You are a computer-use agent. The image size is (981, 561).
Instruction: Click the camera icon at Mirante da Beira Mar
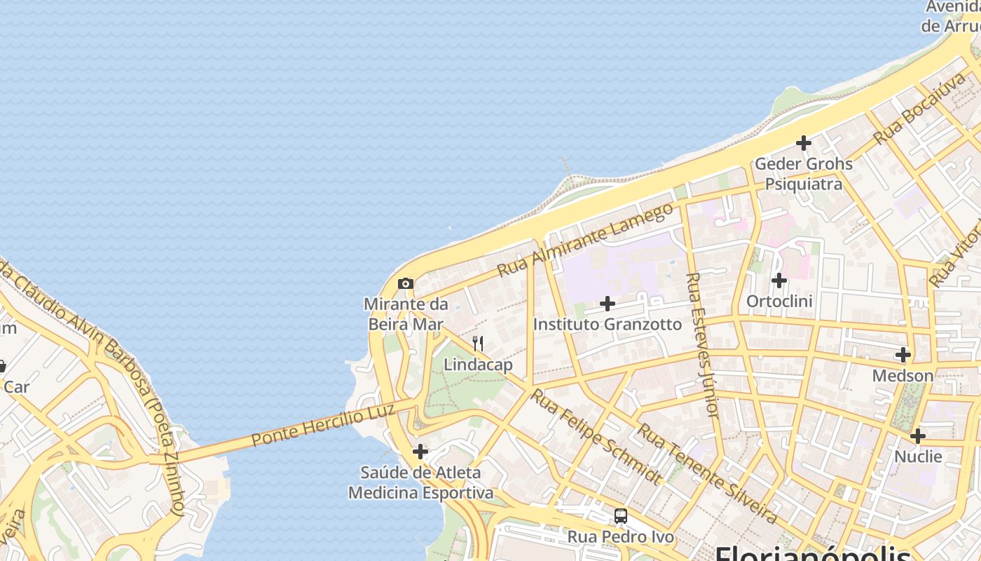pos(405,284)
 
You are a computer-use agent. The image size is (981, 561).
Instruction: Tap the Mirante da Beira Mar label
pos(406,314)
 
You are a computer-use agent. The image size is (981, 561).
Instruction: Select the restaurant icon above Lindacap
pos(478,344)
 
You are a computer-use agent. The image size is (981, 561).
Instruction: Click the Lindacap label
pos(478,365)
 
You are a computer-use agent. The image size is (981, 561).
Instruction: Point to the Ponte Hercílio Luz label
pos(323,424)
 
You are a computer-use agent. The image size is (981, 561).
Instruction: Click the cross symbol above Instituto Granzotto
pos(608,304)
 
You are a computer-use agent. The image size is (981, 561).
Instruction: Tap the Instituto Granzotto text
pos(607,325)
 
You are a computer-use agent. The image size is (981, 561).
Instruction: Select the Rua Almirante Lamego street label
pos(584,239)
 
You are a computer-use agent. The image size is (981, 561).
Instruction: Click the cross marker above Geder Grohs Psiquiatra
pos(803,143)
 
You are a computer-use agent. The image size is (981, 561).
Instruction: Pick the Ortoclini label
pos(779,302)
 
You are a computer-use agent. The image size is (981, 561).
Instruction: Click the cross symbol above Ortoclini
pos(778,280)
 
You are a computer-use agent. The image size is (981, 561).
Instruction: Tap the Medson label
pos(903,376)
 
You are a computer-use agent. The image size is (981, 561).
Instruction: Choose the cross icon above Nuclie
pos(917,436)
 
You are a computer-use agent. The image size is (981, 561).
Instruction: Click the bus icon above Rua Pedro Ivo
pos(620,516)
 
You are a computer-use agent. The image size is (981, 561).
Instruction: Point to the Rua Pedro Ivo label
pos(620,537)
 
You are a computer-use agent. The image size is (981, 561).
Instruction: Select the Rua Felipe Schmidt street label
pos(596,436)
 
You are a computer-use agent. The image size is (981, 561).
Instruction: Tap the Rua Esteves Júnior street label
pos(702,345)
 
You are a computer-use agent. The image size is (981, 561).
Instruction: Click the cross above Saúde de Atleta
pos(420,452)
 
